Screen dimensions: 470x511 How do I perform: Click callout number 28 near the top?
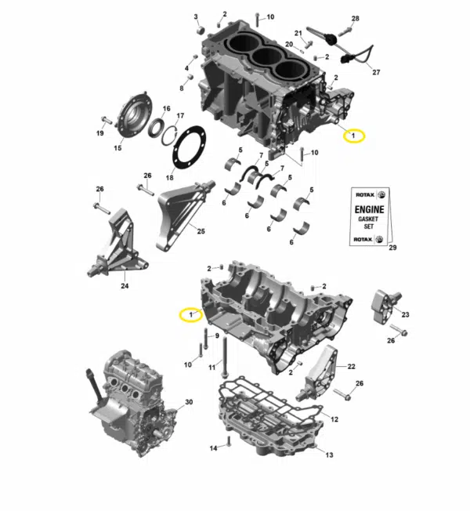(355, 19)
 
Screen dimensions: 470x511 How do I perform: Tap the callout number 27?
(376, 72)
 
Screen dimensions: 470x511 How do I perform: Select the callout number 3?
(196, 16)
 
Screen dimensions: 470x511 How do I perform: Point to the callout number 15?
(117, 148)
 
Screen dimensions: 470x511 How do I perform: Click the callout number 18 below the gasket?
(170, 178)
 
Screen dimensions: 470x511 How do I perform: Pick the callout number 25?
(201, 231)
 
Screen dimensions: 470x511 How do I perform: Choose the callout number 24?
(125, 286)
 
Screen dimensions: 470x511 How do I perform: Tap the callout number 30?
(189, 402)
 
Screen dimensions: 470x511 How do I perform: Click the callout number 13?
(329, 455)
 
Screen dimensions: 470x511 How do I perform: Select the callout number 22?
(351, 367)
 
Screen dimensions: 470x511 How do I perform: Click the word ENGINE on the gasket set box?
(370, 209)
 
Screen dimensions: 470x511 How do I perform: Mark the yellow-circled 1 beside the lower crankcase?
(191, 315)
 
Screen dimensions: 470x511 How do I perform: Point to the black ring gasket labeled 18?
(190, 147)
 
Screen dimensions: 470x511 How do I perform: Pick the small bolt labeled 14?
(228, 441)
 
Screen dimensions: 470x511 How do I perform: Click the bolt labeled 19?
(107, 120)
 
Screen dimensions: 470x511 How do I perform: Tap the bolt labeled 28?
(345, 31)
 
